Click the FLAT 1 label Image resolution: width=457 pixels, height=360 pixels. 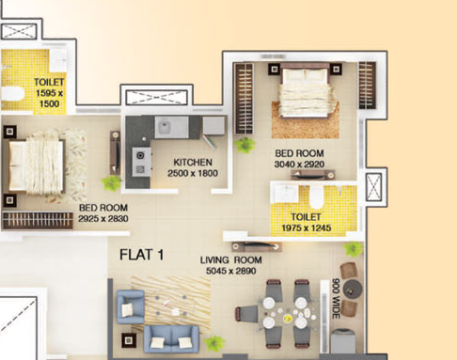[x=142, y=255]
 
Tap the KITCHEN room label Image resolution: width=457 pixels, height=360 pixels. [x=193, y=163]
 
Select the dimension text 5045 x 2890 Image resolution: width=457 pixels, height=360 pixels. [x=231, y=271]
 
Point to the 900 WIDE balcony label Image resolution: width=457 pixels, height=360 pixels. [x=336, y=298]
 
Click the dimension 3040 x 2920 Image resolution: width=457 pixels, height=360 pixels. [x=299, y=164]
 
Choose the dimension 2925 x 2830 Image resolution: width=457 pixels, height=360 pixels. [x=103, y=218]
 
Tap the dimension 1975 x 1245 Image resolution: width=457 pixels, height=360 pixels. [x=307, y=227]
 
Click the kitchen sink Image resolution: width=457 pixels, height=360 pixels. [x=164, y=127]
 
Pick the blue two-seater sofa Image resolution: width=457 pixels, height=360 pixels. [x=171, y=339]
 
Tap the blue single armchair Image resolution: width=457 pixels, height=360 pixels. [x=131, y=306]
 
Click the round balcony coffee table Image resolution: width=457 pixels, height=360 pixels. [x=353, y=289]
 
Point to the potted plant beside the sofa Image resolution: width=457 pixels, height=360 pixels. [x=214, y=343]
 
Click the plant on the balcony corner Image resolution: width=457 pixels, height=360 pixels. [x=354, y=249]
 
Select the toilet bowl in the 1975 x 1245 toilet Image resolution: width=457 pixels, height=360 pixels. [x=316, y=196]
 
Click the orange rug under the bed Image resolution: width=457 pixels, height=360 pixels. [x=306, y=120]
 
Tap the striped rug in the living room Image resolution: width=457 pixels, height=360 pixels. [x=171, y=304]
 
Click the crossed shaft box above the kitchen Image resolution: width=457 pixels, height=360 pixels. [x=157, y=97]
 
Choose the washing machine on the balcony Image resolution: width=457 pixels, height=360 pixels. [x=343, y=341]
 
